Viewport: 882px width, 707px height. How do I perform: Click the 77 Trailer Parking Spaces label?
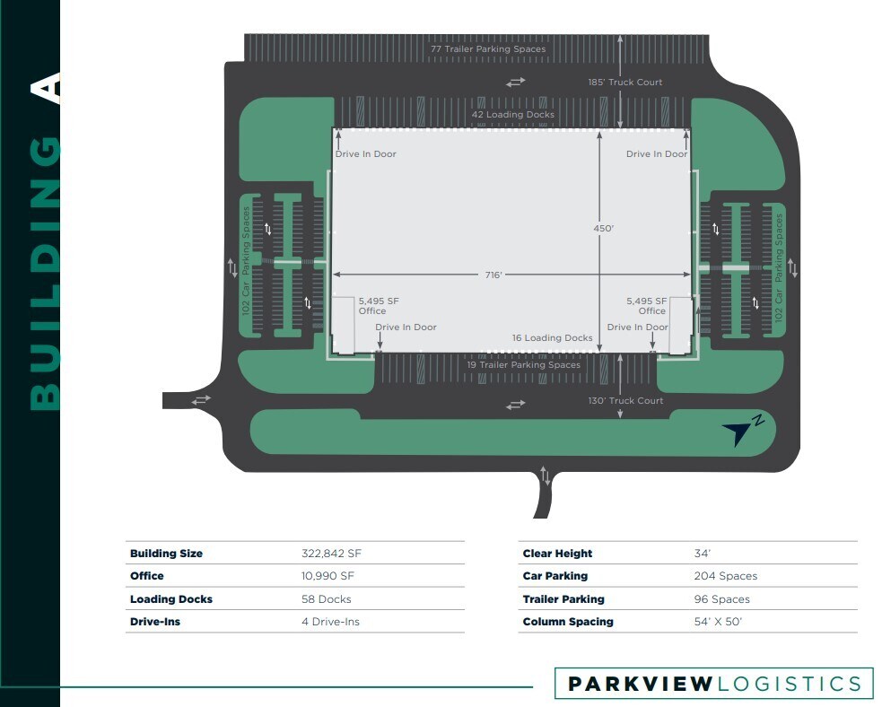pos(487,49)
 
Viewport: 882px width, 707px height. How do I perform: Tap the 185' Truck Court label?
pos(625,83)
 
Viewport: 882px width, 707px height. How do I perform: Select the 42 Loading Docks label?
pos(513,115)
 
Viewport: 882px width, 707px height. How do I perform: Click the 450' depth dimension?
pos(603,229)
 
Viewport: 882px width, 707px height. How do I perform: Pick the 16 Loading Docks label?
pos(552,338)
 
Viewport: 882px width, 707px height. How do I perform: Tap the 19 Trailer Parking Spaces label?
pos(523,365)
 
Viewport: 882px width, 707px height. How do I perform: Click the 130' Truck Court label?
pos(626,401)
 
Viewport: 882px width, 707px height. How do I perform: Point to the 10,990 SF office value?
pos(329,576)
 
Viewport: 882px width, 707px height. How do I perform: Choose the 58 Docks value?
pos(326,599)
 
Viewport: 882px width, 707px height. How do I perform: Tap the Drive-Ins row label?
pos(155,622)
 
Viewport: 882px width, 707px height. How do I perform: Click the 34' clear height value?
pos(703,554)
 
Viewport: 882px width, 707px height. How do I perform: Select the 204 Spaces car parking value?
pos(725,576)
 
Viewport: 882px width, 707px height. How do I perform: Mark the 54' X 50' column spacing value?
pos(718,622)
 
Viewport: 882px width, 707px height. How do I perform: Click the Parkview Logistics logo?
pos(713,685)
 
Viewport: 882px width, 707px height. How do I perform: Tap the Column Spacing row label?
pos(568,622)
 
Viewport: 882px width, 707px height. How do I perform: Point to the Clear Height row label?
pos(557,554)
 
